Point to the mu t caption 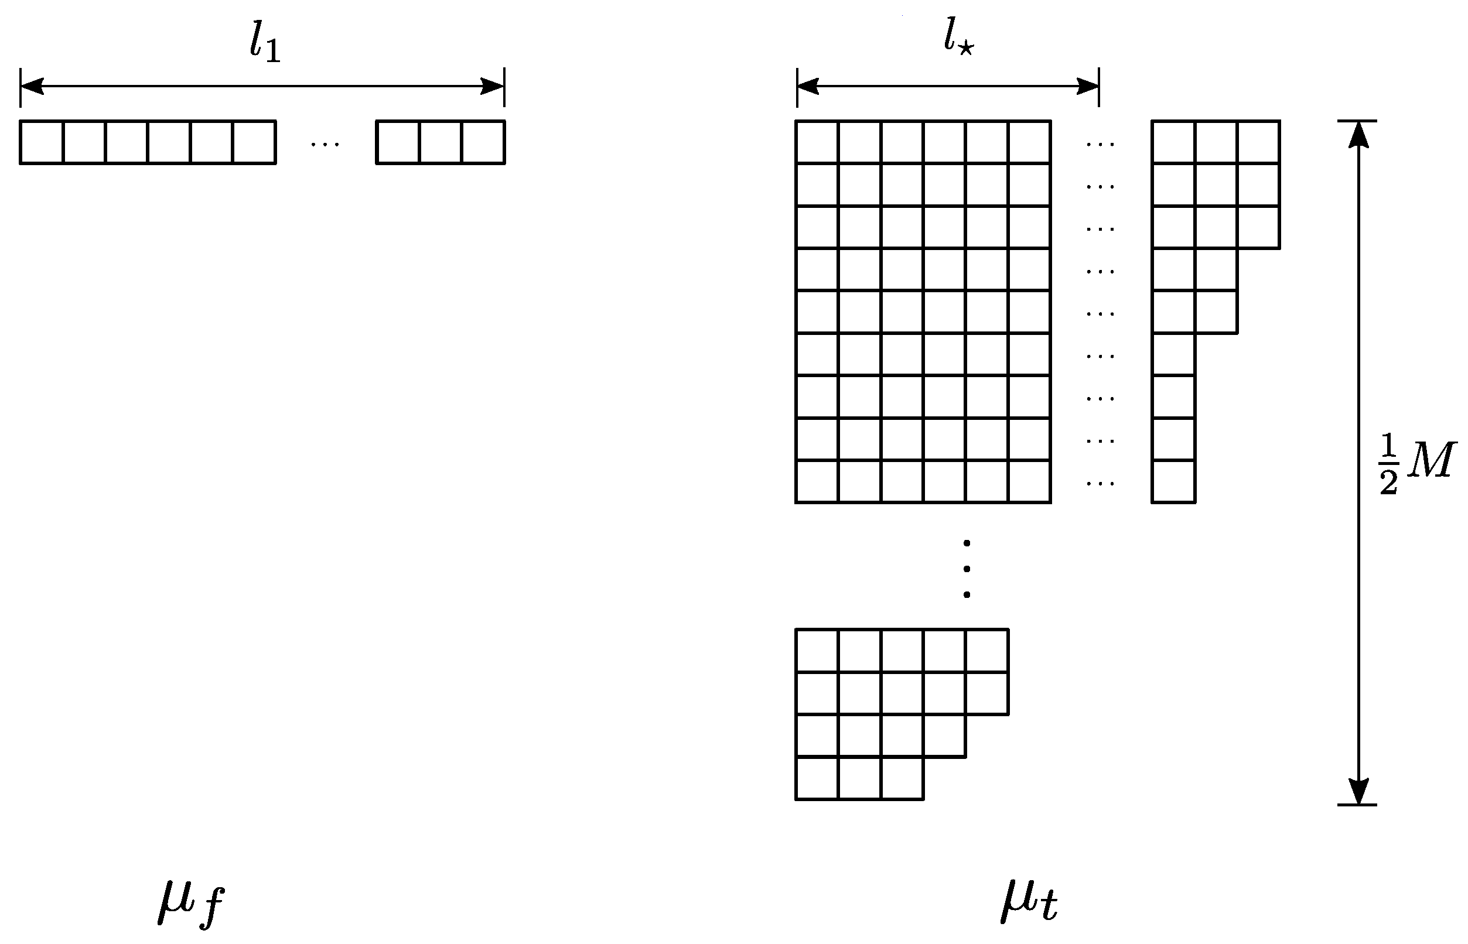point(1029,901)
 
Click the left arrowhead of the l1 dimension point(32,87)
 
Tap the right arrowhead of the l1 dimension point(493,87)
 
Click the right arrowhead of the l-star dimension point(1087,87)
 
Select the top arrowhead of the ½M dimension point(1359,135)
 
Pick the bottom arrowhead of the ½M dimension point(1359,791)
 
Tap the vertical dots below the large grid point(967,568)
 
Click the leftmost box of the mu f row point(42,142)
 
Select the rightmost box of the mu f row point(483,142)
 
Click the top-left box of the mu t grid point(817,142)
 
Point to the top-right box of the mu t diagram point(1258,142)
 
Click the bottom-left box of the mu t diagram point(817,778)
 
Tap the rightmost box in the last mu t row point(902,778)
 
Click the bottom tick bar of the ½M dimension point(1357,805)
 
